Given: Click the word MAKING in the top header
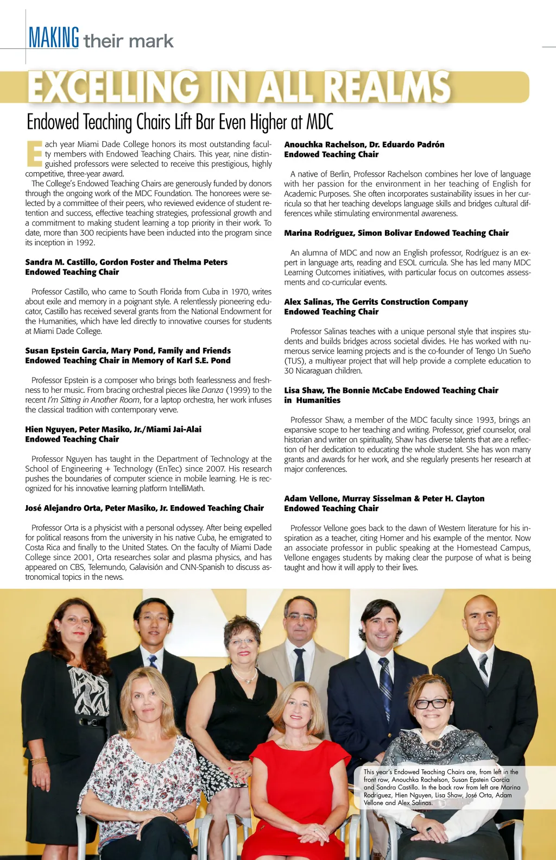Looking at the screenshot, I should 54,39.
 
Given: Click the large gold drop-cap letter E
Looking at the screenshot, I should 34,154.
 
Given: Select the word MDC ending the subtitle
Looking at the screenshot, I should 320,122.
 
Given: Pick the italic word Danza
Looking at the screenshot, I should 212,390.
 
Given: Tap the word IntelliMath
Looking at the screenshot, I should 186,488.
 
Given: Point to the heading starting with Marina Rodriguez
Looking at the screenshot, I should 396,233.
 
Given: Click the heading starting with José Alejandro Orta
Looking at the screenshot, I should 144,508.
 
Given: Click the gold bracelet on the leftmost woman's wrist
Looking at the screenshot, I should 39,761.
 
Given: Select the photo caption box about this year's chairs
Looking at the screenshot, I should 442,787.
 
